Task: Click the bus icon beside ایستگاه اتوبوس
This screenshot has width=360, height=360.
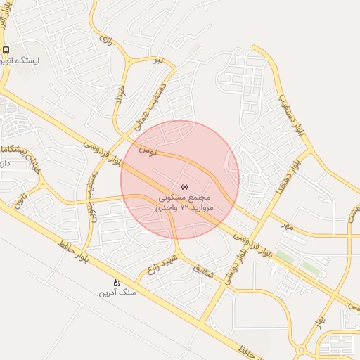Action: (6, 50)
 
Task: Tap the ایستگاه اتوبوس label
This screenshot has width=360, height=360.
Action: (24, 61)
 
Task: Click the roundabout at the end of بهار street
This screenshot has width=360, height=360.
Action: (301, 349)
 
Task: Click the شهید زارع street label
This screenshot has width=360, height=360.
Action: (162, 264)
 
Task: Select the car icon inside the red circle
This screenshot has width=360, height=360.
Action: (185, 187)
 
